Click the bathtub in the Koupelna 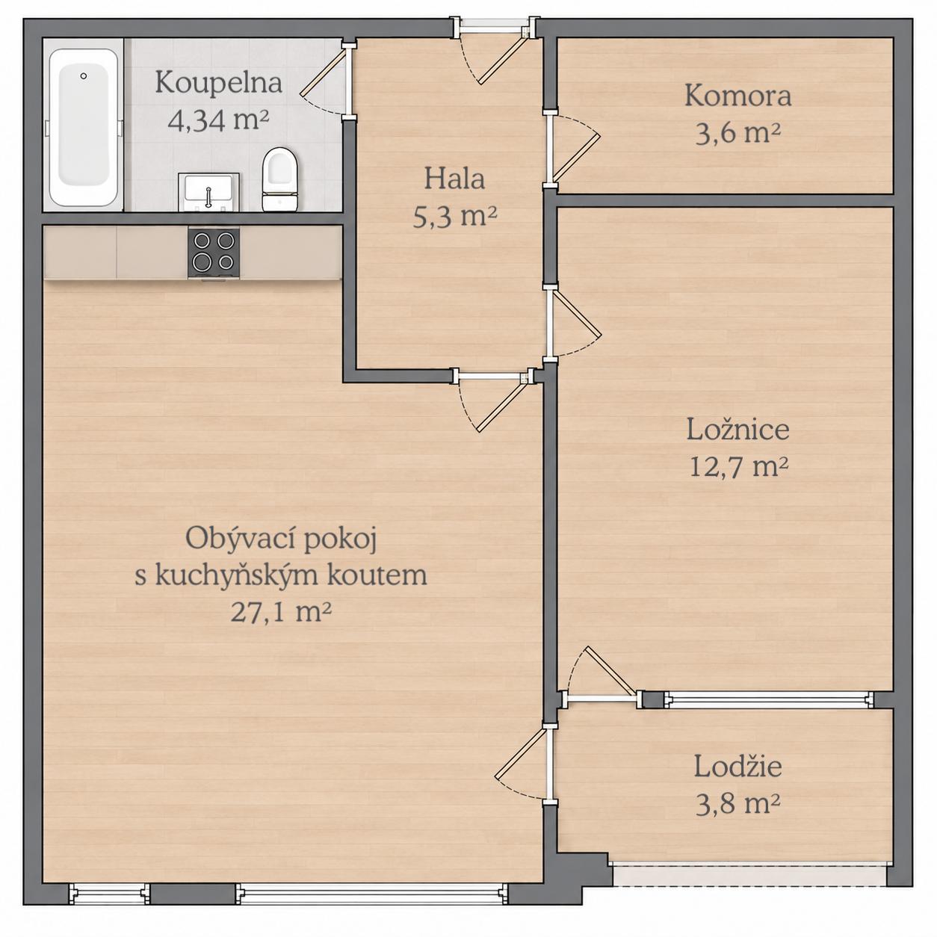84,128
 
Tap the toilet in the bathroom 279,179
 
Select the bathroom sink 208,192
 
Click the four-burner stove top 214,253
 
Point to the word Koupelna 218,83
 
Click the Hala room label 454,179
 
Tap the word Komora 737,96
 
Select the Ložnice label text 737,430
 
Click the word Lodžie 737,767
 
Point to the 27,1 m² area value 281,612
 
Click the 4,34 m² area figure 218,120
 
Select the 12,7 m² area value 738,467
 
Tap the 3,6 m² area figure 737,133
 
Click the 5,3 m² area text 454,217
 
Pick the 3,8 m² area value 737,804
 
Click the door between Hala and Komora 574,147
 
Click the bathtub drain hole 84,76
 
